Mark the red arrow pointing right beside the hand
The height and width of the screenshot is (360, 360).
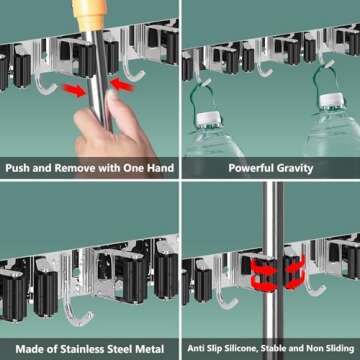69,90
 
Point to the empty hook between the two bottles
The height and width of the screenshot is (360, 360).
262,67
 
